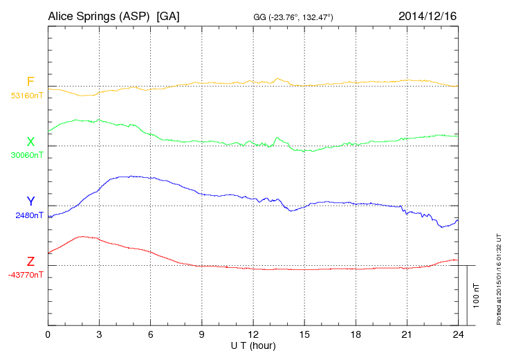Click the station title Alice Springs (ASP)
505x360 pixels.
coord(99,15)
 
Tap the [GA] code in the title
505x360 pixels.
coord(168,15)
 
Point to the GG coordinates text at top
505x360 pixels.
coord(294,16)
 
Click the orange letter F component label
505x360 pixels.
coord(30,82)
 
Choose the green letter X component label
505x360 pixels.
coord(30,142)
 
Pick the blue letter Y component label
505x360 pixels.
coord(30,201)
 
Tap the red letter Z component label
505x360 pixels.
coord(30,262)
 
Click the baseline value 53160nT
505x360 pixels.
coord(26,96)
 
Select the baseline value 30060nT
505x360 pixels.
coord(26,155)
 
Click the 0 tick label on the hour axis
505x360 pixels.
coord(48,334)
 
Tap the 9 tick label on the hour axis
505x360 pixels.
coord(201,334)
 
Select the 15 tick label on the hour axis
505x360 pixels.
coord(304,334)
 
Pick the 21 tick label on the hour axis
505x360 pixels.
coord(406,334)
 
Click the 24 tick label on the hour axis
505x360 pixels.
coord(457,334)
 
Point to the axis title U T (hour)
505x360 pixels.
coord(252,345)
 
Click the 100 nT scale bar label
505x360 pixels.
coord(476,295)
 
